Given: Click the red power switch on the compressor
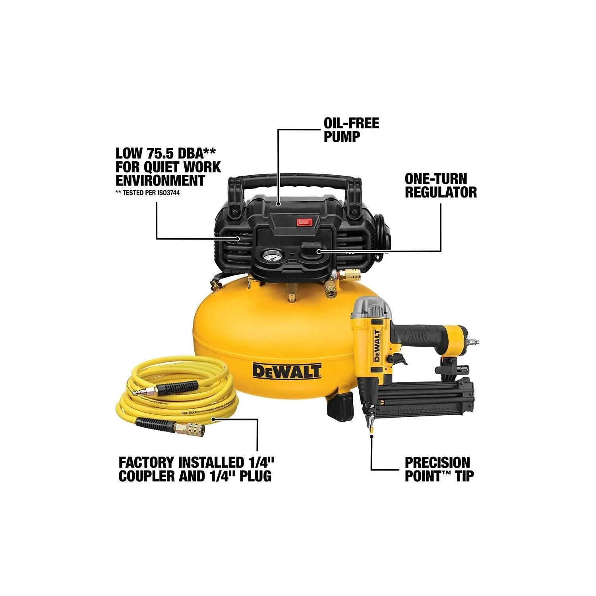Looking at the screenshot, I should pos(304,222).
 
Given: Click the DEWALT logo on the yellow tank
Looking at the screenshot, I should pos(287,371).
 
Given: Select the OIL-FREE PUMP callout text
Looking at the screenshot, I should pos(351,130).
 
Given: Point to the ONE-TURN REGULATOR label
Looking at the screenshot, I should pos(441,186).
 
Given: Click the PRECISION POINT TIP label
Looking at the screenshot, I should pos(439,469).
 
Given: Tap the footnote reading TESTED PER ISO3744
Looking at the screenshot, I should pos(150,193).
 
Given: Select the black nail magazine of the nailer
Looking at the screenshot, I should pos(421,399).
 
